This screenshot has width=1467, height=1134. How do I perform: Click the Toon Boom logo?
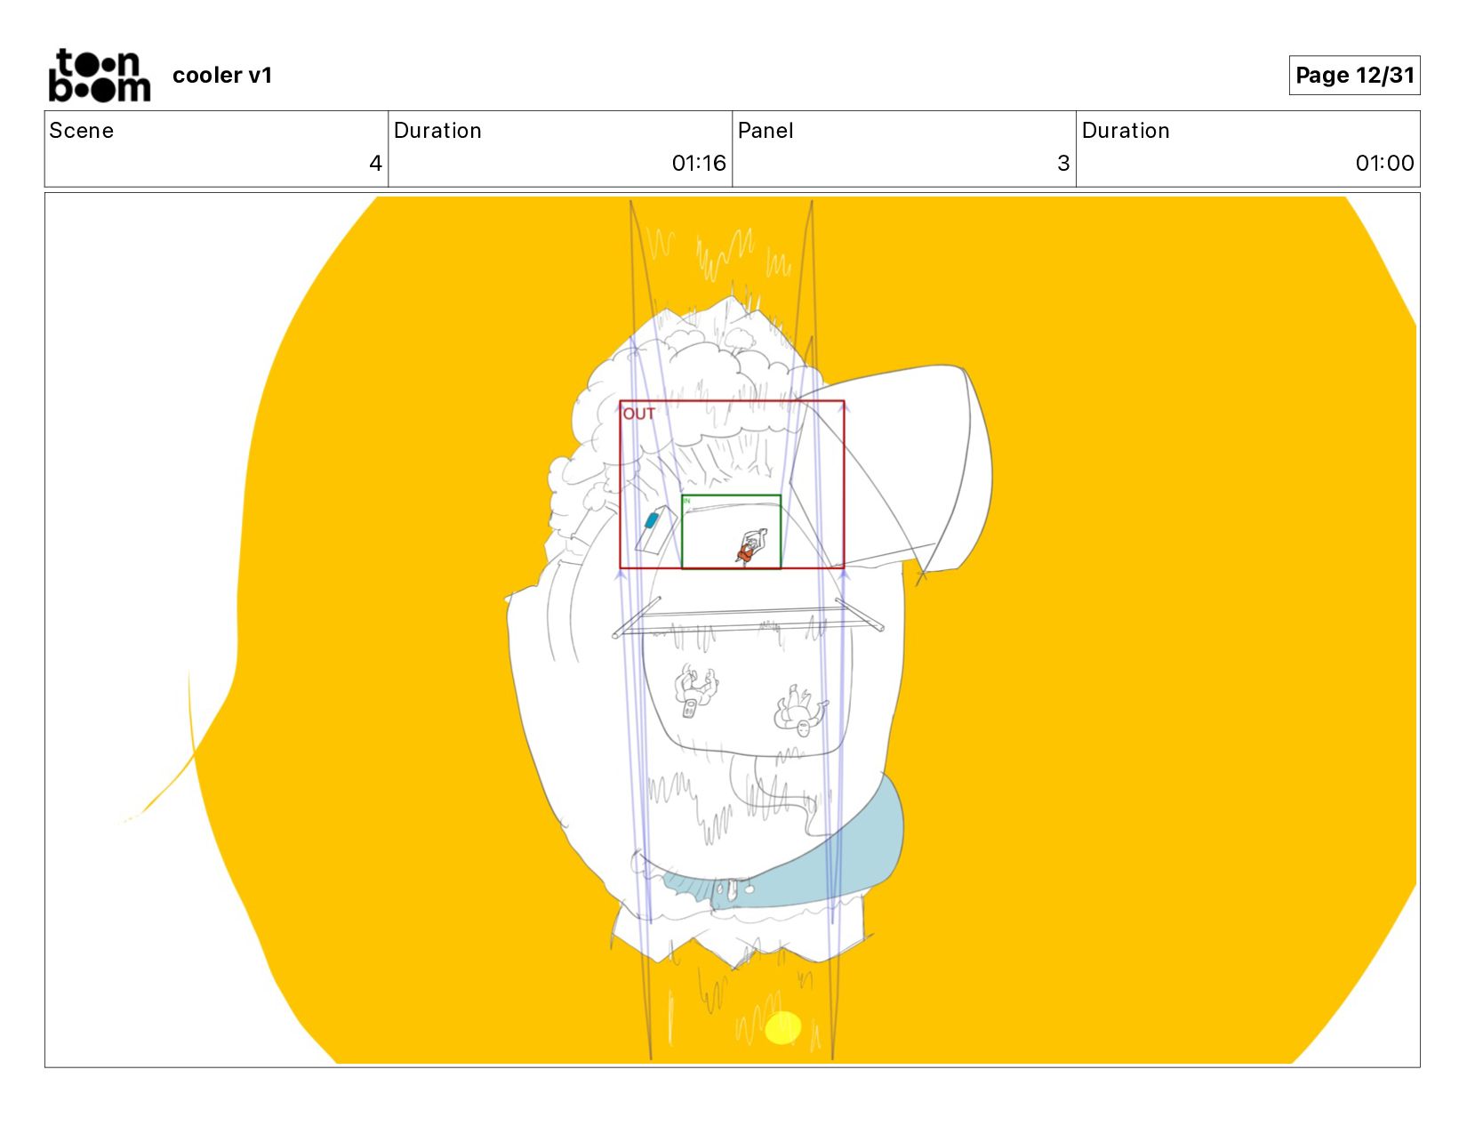click(x=100, y=75)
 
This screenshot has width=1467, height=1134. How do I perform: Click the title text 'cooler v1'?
click(x=222, y=75)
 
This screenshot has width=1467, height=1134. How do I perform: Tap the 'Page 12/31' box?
click(x=1353, y=75)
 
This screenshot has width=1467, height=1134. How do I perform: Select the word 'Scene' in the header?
click(x=82, y=131)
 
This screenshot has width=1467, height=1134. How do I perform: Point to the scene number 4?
click(x=375, y=163)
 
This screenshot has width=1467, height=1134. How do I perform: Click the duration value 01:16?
click(x=699, y=163)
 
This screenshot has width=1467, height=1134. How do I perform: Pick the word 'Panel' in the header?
click(x=765, y=131)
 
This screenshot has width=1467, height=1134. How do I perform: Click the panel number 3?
click(x=1063, y=163)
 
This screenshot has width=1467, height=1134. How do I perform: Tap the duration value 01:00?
click(x=1384, y=163)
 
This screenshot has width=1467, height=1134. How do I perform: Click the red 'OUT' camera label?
click(x=638, y=414)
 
